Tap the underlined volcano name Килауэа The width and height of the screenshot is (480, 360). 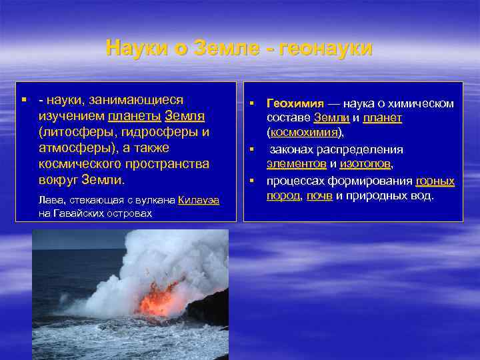point(199,200)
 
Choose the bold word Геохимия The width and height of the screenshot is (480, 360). point(295,104)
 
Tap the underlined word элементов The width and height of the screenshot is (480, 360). point(297,163)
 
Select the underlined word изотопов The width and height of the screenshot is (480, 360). point(365,163)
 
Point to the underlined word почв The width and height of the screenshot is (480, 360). point(319,196)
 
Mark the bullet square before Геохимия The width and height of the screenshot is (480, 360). point(253,103)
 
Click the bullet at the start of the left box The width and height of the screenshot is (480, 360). point(23,99)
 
